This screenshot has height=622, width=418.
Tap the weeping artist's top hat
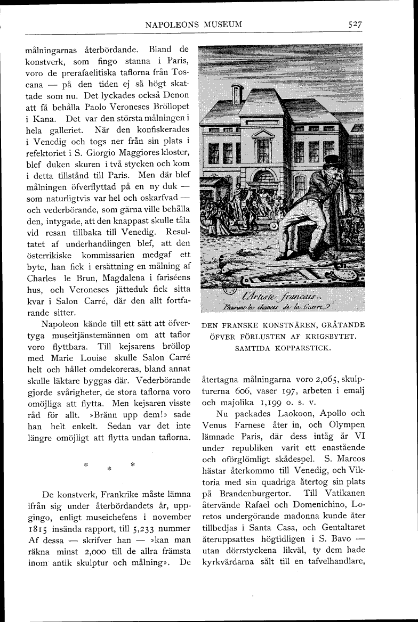click(x=333, y=161)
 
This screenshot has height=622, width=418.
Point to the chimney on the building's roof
click(x=237, y=94)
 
